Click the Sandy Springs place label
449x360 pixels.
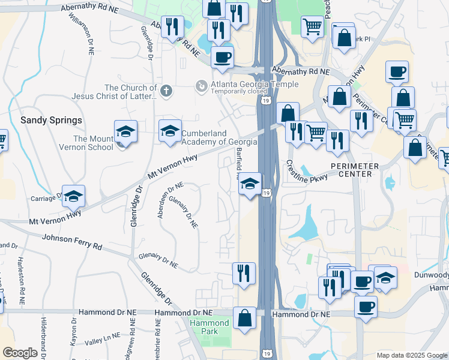tap(52, 120)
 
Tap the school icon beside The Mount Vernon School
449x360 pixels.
tap(126, 131)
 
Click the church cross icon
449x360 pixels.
tap(166, 91)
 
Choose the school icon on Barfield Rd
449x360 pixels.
tap(250, 184)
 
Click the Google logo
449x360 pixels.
tap(20, 353)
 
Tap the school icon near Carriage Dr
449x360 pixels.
tap(73, 196)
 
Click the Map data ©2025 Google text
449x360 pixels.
tap(411, 355)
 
